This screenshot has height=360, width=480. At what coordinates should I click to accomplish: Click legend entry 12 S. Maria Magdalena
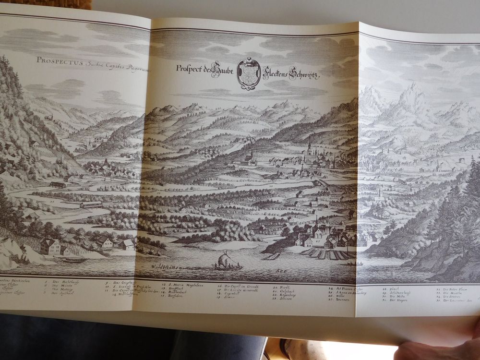click(183, 286)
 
